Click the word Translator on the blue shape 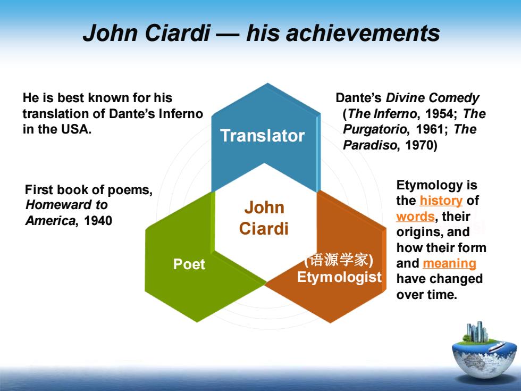tap(263, 136)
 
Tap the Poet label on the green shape tap(189, 264)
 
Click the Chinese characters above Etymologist tap(339, 260)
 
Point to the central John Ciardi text tap(264, 218)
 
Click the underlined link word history tap(441, 201)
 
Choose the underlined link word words tap(415, 217)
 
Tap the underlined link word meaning tap(449, 264)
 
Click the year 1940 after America tap(98, 221)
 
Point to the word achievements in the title tap(363, 34)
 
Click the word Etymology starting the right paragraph tap(426, 186)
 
